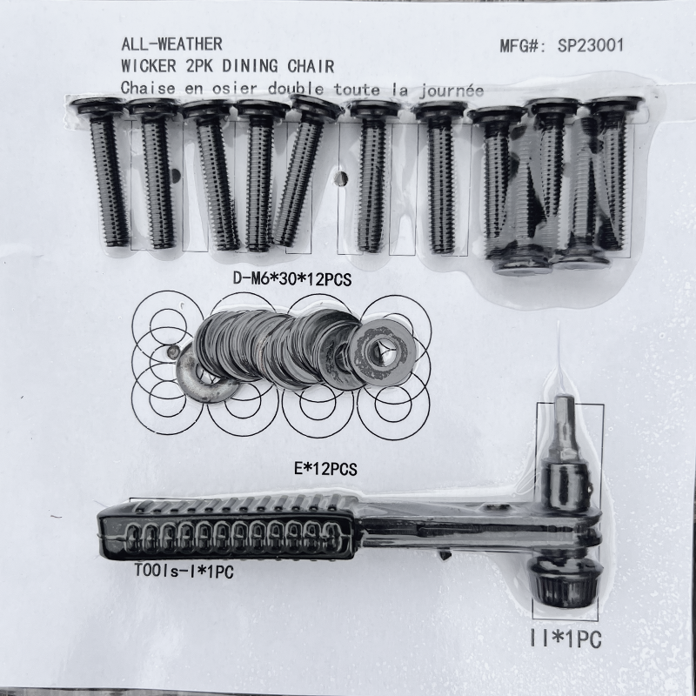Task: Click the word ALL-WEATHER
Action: tap(171, 44)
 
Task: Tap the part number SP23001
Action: tap(591, 45)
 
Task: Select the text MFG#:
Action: tap(524, 46)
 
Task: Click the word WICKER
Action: tap(149, 66)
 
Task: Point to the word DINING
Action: tap(250, 66)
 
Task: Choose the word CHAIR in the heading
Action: tap(311, 67)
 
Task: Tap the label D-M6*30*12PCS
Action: tap(292, 279)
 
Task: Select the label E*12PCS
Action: tap(325, 469)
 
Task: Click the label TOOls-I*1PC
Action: tap(184, 571)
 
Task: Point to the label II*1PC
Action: tap(566, 639)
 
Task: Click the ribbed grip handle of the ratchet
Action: tap(227, 530)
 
